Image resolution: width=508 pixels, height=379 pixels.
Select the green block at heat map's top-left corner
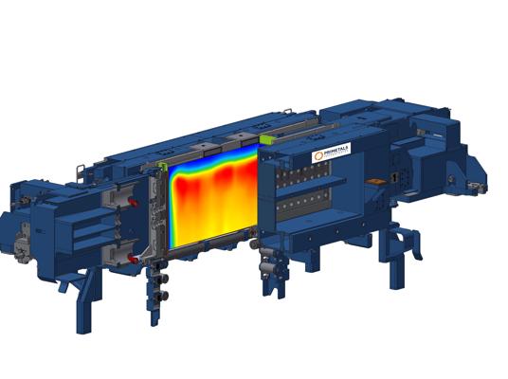pyautogui.click(x=162, y=168)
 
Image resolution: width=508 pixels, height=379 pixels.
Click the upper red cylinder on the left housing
pyautogui.click(x=133, y=202)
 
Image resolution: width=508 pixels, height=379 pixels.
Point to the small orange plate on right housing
pyautogui.click(x=391, y=177)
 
